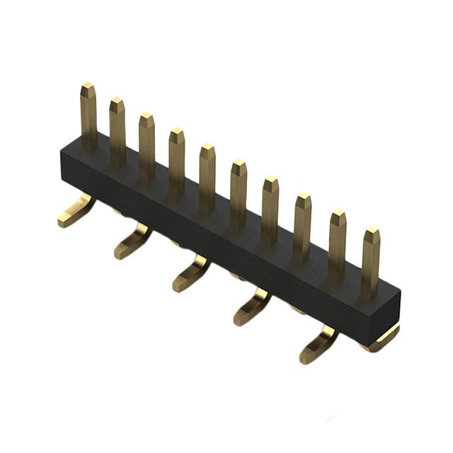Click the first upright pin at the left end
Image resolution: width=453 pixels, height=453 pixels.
pos(88,117)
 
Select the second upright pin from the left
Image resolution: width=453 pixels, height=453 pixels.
pos(117,131)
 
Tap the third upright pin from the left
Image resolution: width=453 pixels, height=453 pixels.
pos(147,145)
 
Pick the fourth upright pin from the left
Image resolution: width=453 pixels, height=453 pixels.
pos(176,161)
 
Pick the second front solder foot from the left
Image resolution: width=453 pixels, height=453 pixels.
pos(132,242)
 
